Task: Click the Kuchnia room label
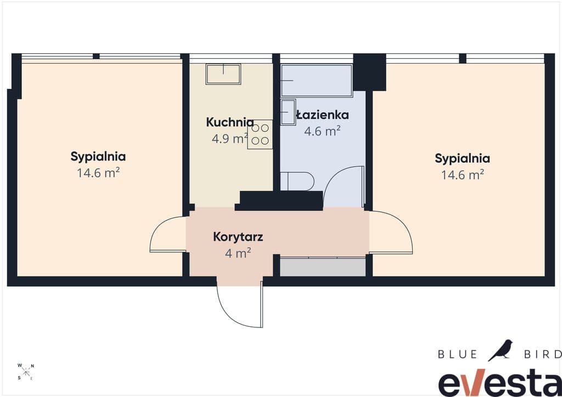coord(230,122)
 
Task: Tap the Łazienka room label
coord(322,115)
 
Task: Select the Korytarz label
coord(238,237)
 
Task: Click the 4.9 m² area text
coord(230,139)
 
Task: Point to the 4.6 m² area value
coord(322,132)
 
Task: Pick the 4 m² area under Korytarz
coord(238,253)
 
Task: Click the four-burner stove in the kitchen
coord(260,134)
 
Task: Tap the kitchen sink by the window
coord(223,74)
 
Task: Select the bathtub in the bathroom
coord(317,81)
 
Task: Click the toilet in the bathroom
coord(297,181)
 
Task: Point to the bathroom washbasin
coord(288,112)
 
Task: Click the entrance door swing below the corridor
coord(239,307)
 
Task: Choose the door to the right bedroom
coord(391,232)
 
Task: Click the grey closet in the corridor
coord(323,266)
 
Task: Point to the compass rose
coord(26,372)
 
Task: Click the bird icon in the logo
coord(501,350)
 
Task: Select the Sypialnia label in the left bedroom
coord(98,157)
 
